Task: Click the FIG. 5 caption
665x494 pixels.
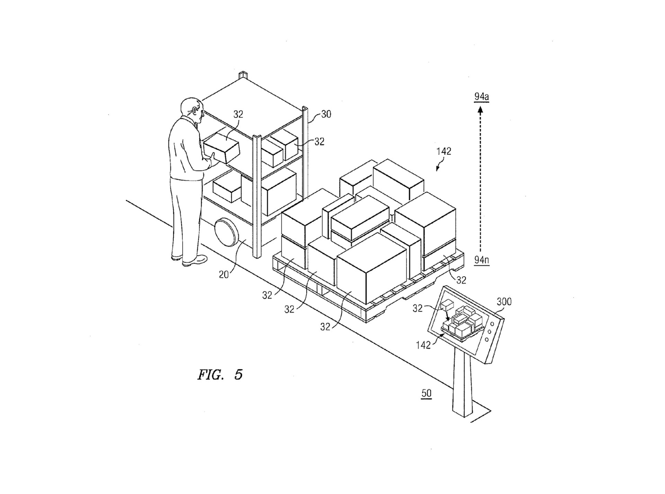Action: [220, 375]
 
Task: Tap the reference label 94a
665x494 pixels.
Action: [481, 97]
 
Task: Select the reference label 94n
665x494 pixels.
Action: [481, 260]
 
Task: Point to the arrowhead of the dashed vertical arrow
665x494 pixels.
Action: [480, 110]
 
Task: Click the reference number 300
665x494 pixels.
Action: [504, 302]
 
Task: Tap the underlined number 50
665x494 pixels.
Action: [426, 393]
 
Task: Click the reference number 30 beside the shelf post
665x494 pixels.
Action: [326, 114]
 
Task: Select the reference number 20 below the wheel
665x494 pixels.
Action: [224, 275]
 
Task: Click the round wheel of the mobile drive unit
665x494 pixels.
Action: [225, 232]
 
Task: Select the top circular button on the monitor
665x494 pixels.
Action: [492, 323]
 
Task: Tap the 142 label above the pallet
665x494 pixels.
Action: [444, 151]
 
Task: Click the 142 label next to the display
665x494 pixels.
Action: [423, 345]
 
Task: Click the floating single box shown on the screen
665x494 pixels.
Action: [447, 305]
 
